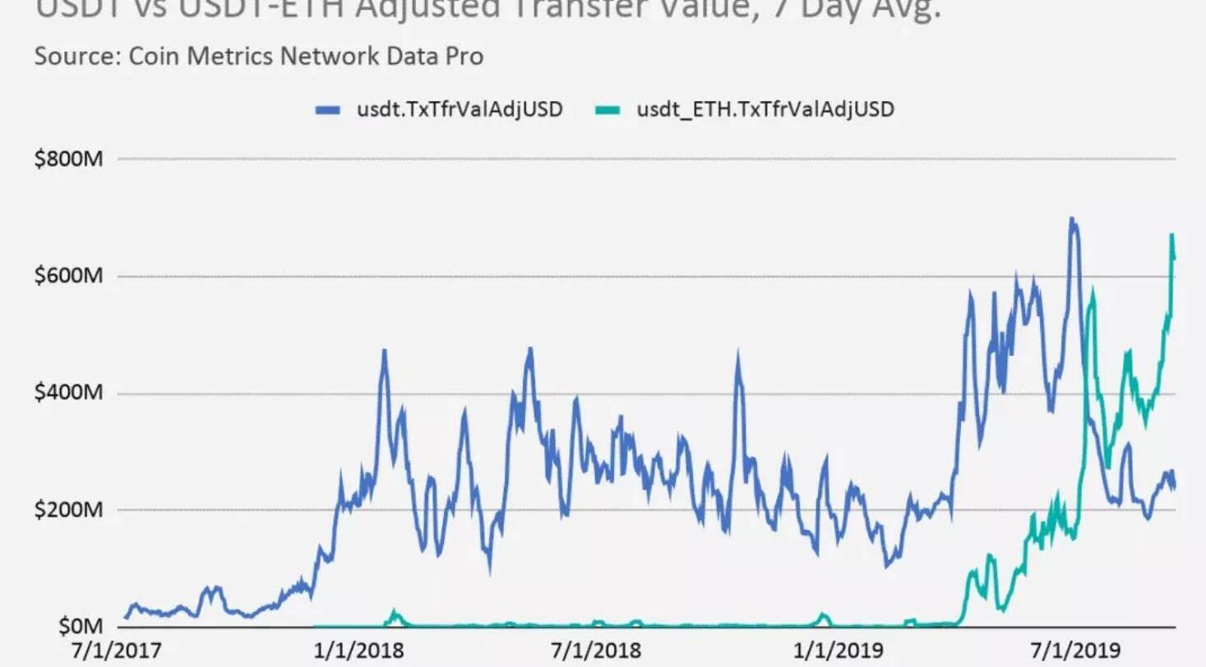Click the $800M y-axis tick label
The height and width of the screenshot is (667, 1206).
point(68,158)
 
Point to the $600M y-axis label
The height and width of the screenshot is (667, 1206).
point(68,275)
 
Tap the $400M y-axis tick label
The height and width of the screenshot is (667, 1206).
point(68,393)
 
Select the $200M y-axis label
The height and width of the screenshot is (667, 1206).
point(68,509)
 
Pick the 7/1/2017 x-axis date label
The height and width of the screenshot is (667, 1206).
point(117,651)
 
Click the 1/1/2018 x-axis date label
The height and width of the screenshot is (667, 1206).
point(359,651)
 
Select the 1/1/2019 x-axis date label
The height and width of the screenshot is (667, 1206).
point(838,651)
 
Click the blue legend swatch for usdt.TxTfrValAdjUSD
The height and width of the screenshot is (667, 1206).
point(328,110)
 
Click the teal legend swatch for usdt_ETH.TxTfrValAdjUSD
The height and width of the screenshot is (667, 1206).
point(607,110)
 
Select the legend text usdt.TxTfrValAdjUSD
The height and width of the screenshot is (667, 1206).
point(460,109)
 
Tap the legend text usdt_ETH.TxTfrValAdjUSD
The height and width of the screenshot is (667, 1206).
point(765,109)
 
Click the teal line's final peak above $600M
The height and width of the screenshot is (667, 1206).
point(1171,236)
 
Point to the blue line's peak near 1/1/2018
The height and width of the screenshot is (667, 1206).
point(384,352)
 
